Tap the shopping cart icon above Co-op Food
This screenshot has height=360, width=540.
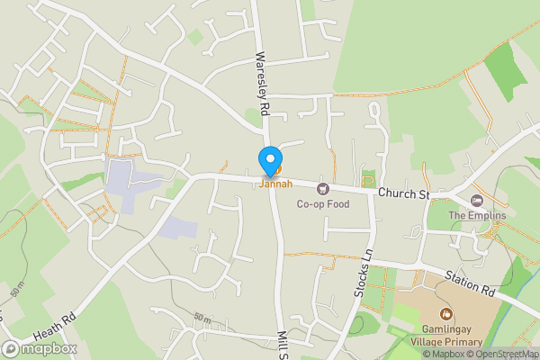coord(323,188)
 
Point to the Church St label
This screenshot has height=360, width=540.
coord(404,193)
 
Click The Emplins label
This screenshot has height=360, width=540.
coord(477,216)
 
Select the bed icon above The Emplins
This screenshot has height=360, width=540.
coord(477,201)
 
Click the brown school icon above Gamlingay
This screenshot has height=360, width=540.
coord(445,314)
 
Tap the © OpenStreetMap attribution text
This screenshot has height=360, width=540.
coord(501,354)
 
